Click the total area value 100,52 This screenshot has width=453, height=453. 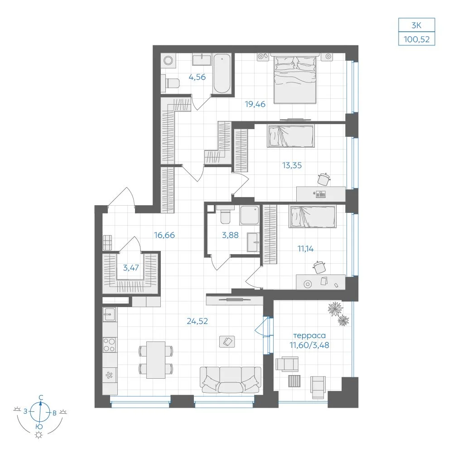pos(416,39)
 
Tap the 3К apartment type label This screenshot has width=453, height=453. pos(416,25)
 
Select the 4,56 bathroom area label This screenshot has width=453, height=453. pos(197,77)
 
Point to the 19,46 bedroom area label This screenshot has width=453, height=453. pos(255,104)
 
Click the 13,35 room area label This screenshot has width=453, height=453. pos(292,165)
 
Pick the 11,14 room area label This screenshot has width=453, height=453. pos(305,248)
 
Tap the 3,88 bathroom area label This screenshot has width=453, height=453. pos(230,235)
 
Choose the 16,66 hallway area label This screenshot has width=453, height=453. pos(164,235)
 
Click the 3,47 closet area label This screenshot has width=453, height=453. pos(131,268)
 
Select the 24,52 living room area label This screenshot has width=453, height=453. pos(198,321)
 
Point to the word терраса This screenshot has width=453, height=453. pos(309,335)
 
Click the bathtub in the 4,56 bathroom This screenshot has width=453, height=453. pos(222,73)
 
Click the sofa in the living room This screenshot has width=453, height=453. pos(231,380)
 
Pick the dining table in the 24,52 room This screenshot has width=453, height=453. pos(156,360)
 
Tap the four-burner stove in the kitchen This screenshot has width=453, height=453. pos(110,345)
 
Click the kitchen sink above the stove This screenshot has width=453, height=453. pos(110,314)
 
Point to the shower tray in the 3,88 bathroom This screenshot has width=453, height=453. pos(249,215)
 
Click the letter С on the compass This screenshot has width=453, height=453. pos(41,398)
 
